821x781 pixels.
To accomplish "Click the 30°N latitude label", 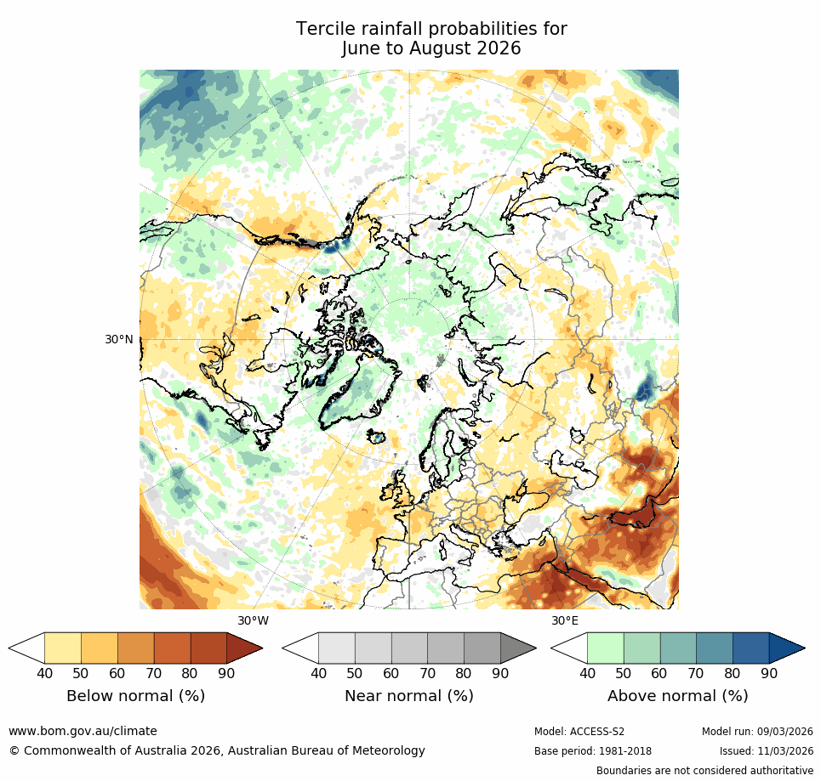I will (119, 339).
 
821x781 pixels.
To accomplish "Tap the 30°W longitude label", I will (253, 620).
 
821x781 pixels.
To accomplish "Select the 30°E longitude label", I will (565, 620).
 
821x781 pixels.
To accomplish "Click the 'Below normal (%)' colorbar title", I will (135, 696).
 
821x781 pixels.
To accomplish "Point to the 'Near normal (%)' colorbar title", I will (408, 696).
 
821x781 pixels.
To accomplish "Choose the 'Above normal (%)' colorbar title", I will (677, 696).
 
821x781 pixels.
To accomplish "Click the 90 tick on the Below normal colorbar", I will (227, 674).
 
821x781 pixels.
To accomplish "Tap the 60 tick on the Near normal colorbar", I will (391, 674).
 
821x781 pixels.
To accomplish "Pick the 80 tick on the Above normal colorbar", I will (733, 674).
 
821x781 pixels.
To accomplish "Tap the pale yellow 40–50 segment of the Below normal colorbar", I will (63, 648).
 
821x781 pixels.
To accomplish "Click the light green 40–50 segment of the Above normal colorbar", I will (605, 648).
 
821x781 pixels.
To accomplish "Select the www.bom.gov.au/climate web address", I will (83, 731).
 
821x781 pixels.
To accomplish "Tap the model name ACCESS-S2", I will (597, 732).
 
